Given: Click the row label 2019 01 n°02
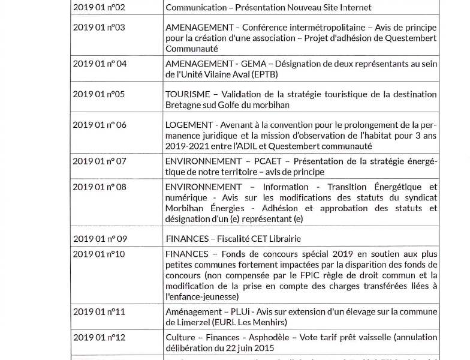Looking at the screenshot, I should (99, 8).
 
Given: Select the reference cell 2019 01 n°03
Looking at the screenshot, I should (99, 28).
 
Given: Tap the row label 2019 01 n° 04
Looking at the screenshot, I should (100, 64).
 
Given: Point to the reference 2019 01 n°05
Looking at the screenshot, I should (99, 94).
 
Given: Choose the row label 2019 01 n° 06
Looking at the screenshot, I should (100, 125).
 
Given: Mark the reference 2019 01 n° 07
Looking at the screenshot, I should (100, 161).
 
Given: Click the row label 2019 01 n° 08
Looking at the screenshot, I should (100, 187).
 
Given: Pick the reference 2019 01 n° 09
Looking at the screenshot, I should (100, 238).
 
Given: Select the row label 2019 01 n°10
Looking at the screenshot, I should (99, 254).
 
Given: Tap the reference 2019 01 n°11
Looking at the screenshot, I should (99, 312).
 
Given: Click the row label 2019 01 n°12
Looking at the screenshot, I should (99, 338).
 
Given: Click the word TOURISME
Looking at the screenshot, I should (188, 94).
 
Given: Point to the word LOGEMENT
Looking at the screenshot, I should (189, 125).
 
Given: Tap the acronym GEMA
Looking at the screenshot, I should (253, 64).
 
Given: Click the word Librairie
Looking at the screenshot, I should (282, 238).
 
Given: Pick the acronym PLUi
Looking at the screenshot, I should (241, 312).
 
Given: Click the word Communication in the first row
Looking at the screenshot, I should (195, 8).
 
